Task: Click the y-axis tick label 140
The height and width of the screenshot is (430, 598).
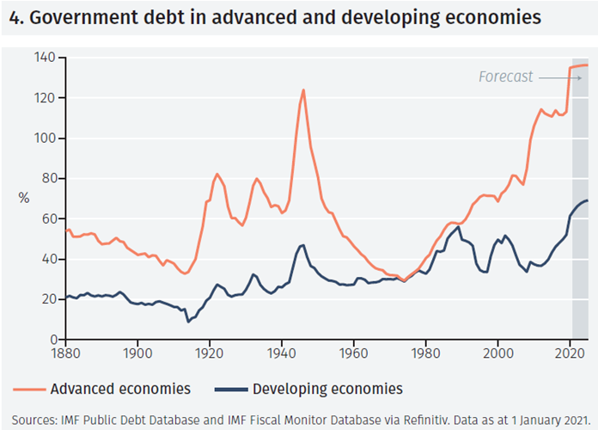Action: point(45,58)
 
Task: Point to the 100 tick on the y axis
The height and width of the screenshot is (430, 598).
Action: point(45,138)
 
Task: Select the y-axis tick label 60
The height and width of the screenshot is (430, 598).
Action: point(48,219)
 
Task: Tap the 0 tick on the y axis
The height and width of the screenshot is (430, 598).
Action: point(52,340)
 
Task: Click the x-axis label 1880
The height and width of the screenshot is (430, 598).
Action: point(65,353)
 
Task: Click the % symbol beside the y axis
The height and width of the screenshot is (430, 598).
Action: point(24,199)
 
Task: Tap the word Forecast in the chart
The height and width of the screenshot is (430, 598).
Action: point(505,77)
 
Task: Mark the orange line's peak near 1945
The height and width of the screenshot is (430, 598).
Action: point(303,89)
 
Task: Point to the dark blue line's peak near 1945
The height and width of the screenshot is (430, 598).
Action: point(302,245)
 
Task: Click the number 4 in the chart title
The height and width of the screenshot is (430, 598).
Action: point(13,16)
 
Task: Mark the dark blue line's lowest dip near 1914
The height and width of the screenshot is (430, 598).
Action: point(188,322)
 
